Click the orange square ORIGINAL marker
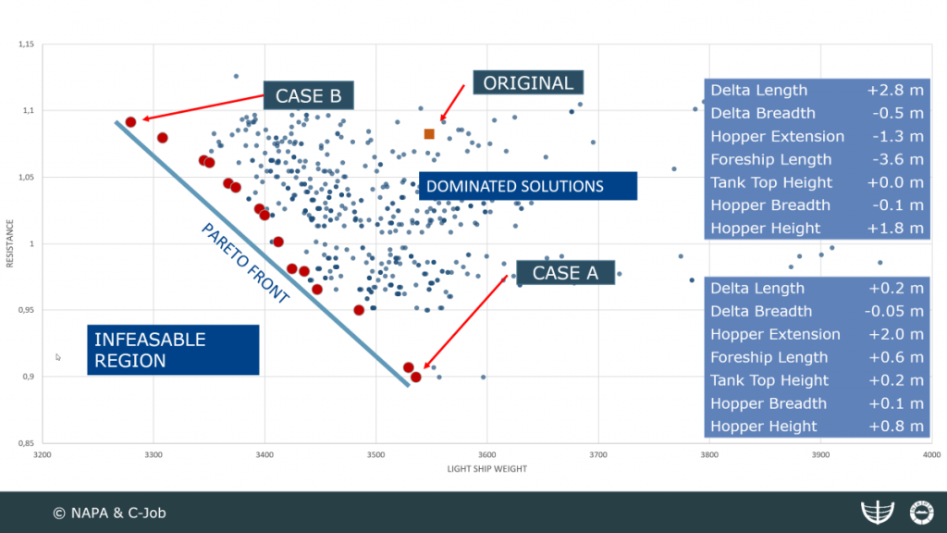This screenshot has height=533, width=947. pos(429,134)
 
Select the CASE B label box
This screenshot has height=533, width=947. pos(309,95)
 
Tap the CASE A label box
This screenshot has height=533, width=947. pos(565,272)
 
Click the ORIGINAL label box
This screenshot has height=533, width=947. pos(528,82)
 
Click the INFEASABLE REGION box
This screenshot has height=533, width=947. pos(173,350)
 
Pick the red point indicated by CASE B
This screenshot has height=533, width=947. pos(131,121)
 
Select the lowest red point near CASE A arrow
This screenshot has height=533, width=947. pos(416,377)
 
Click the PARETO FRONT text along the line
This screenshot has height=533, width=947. pos(245,264)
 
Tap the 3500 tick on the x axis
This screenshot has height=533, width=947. pos(375,455)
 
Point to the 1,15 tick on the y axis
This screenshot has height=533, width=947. pos(25,44)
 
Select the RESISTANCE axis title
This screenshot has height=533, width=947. pos(10,244)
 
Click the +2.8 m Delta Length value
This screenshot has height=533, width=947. pos(894,91)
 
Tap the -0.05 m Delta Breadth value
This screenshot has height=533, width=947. pos(894,311)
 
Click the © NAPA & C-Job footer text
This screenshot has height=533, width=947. pos(108,512)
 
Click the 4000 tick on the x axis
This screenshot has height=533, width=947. pos(931,455)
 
